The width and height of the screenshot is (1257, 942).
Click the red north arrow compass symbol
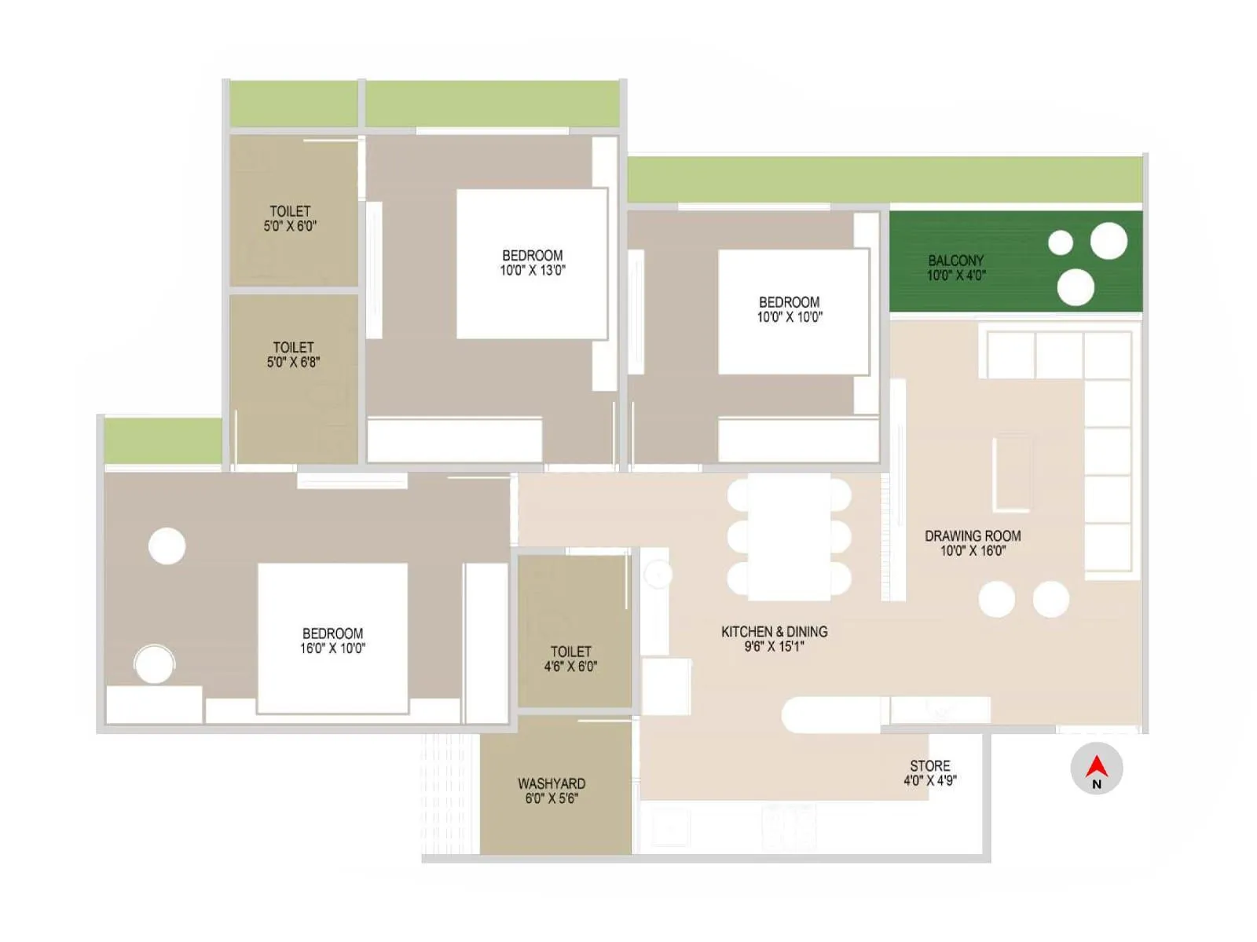[1097, 767]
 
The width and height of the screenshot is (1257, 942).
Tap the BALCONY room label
[955, 260]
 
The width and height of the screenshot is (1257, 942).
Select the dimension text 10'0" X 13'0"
[533, 270]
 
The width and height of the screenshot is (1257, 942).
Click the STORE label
[930, 765]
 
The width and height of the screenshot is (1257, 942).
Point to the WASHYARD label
[552, 783]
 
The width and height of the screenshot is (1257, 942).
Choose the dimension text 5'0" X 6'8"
[293, 362]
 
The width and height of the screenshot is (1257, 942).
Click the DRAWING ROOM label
[973, 535]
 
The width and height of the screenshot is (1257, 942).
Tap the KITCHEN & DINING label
[774, 631]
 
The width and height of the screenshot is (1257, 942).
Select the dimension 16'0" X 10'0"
[332, 648]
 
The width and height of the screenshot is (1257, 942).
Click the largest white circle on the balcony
[1109, 241]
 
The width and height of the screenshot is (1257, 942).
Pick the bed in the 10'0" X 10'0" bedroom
[793, 312]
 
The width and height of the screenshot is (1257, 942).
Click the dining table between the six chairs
[789, 536]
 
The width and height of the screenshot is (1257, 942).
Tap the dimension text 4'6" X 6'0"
[570, 666]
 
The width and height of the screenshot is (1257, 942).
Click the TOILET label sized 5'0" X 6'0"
[290, 211]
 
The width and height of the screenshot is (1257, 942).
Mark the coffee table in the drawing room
[1012, 473]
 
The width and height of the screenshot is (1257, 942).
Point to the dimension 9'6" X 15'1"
[774, 647]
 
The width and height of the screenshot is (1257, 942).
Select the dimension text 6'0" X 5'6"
[552, 798]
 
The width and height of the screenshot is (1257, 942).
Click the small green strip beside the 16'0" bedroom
[163, 440]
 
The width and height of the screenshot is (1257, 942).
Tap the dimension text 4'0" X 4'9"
[930, 780]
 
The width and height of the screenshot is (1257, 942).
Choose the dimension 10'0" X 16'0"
[973, 551]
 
